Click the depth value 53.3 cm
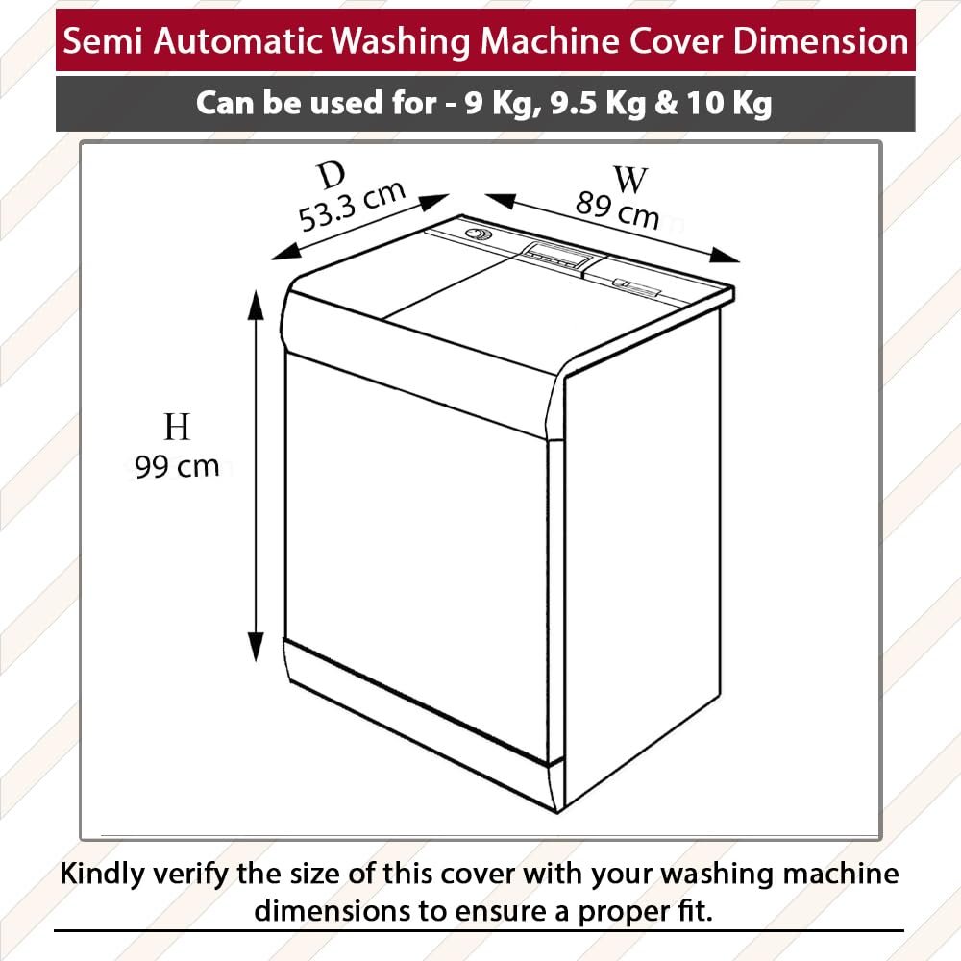click(x=353, y=206)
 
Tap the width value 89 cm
click(x=617, y=209)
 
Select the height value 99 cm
click(x=177, y=467)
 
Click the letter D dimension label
click(x=332, y=176)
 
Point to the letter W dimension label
click(x=630, y=180)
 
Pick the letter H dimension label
click(x=177, y=428)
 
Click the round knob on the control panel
click(x=476, y=234)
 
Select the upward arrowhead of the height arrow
click(x=256, y=305)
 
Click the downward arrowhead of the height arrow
click(x=256, y=647)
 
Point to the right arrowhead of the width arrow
click(x=724, y=256)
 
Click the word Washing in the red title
click(x=401, y=41)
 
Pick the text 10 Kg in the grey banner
click(x=728, y=103)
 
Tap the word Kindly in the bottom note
click(x=103, y=874)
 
